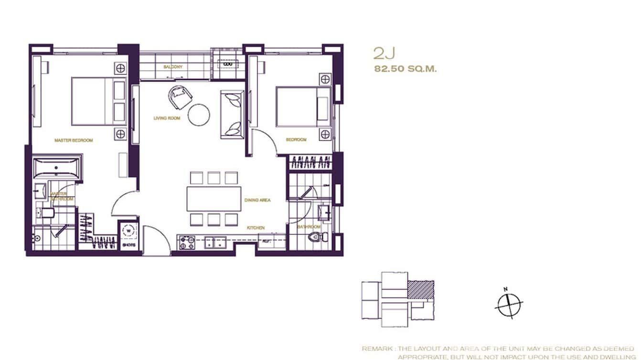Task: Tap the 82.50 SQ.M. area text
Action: (406, 69)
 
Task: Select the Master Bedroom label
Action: (74, 140)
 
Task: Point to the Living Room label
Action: (167, 118)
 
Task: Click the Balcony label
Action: (172, 67)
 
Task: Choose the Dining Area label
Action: (257, 200)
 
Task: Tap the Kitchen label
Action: (256, 228)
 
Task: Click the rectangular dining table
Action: (214, 199)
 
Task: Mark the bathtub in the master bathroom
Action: (57, 168)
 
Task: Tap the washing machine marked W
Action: (128, 231)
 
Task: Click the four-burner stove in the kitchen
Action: (187, 243)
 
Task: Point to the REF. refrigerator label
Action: (266, 242)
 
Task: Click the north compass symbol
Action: (509, 304)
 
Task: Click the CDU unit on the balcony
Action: (228, 63)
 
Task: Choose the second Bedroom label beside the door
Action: (296, 139)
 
